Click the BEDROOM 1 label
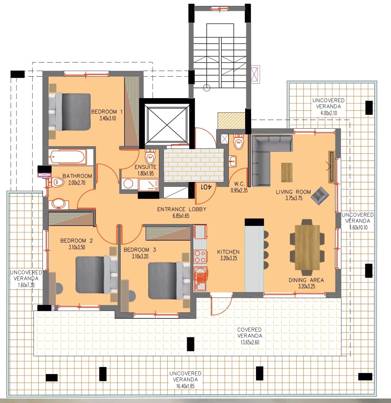point(107,112)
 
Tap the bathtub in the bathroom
point(67,157)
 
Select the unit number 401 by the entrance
point(206,187)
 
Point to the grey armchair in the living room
point(320,195)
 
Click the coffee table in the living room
point(287,173)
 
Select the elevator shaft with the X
point(167,124)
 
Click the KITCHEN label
point(228,252)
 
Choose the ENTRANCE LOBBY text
point(182,209)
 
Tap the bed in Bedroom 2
point(96,274)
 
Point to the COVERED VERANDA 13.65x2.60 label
point(250,336)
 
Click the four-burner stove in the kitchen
point(200,256)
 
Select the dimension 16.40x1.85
point(185,386)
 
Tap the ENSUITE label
point(145,167)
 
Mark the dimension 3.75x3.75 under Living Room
point(294,198)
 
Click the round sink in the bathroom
point(59,204)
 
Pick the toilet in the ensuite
point(150,157)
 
